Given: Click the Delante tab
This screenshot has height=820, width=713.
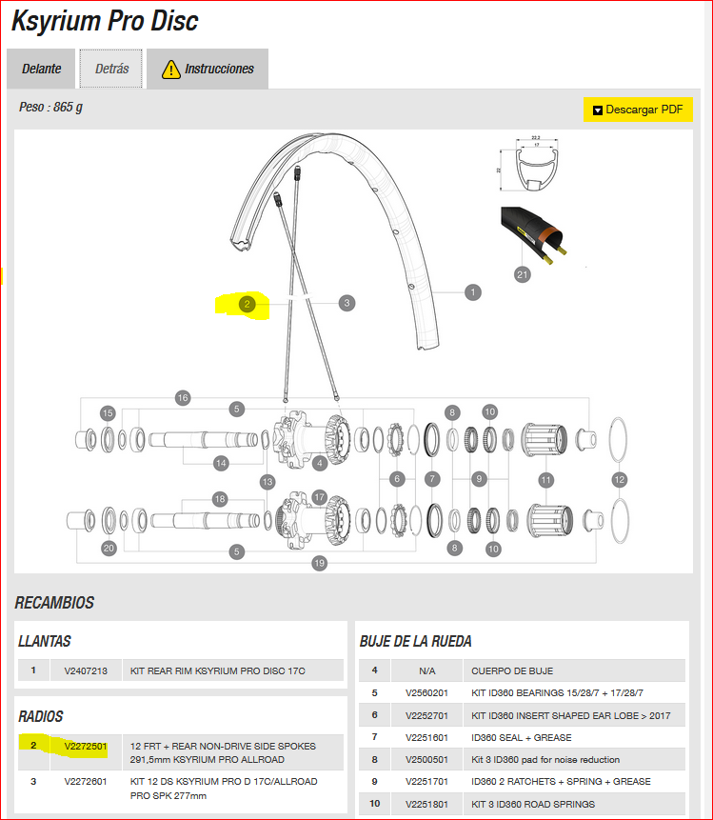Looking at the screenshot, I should point(42,70).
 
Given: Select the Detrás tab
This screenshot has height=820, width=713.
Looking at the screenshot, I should point(111,70).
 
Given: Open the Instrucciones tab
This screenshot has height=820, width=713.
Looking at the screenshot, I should point(208,70).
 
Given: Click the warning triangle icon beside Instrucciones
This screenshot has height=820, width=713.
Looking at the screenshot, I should point(170,70).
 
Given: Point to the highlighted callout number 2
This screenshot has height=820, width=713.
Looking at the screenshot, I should point(247,304).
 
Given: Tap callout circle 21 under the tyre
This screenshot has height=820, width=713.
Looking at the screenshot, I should point(522,275).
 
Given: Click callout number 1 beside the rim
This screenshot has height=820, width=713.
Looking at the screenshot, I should point(473,292).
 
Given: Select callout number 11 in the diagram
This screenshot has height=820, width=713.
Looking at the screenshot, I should point(546,480).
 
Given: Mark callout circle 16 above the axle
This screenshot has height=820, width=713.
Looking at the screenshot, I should point(183,397).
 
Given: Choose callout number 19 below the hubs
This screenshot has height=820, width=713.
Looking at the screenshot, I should point(319,564).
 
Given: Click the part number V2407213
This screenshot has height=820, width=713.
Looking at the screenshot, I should point(86,670).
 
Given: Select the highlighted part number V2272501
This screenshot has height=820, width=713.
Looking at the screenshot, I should point(86,746).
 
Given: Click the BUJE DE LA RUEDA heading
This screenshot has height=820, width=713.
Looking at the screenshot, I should point(415,641).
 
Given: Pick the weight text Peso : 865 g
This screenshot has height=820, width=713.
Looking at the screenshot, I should point(50,108).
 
